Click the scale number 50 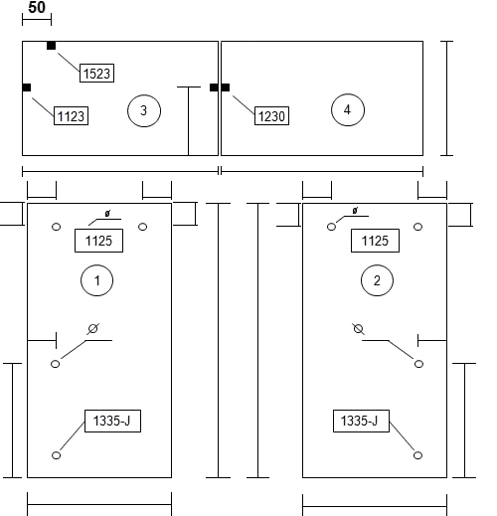[37, 7]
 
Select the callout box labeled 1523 [96, 73]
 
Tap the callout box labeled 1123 [71, 115]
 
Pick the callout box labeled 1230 [271, 115]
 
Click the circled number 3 [144, 110]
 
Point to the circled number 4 [348, 109]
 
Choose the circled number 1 [96, 280]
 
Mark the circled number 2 [377, 280]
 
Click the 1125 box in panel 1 [98, 241]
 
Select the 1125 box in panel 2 [375, 241]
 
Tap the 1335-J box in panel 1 [112, 421]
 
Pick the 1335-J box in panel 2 [361, 421]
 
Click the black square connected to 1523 [51, 46]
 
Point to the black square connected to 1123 [27, 87]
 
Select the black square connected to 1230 [226, 87]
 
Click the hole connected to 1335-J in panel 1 [57, 455]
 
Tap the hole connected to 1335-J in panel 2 [417, 455]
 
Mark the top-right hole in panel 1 [143, 227]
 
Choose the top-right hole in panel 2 [418, 227]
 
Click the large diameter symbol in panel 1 [93, 329]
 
